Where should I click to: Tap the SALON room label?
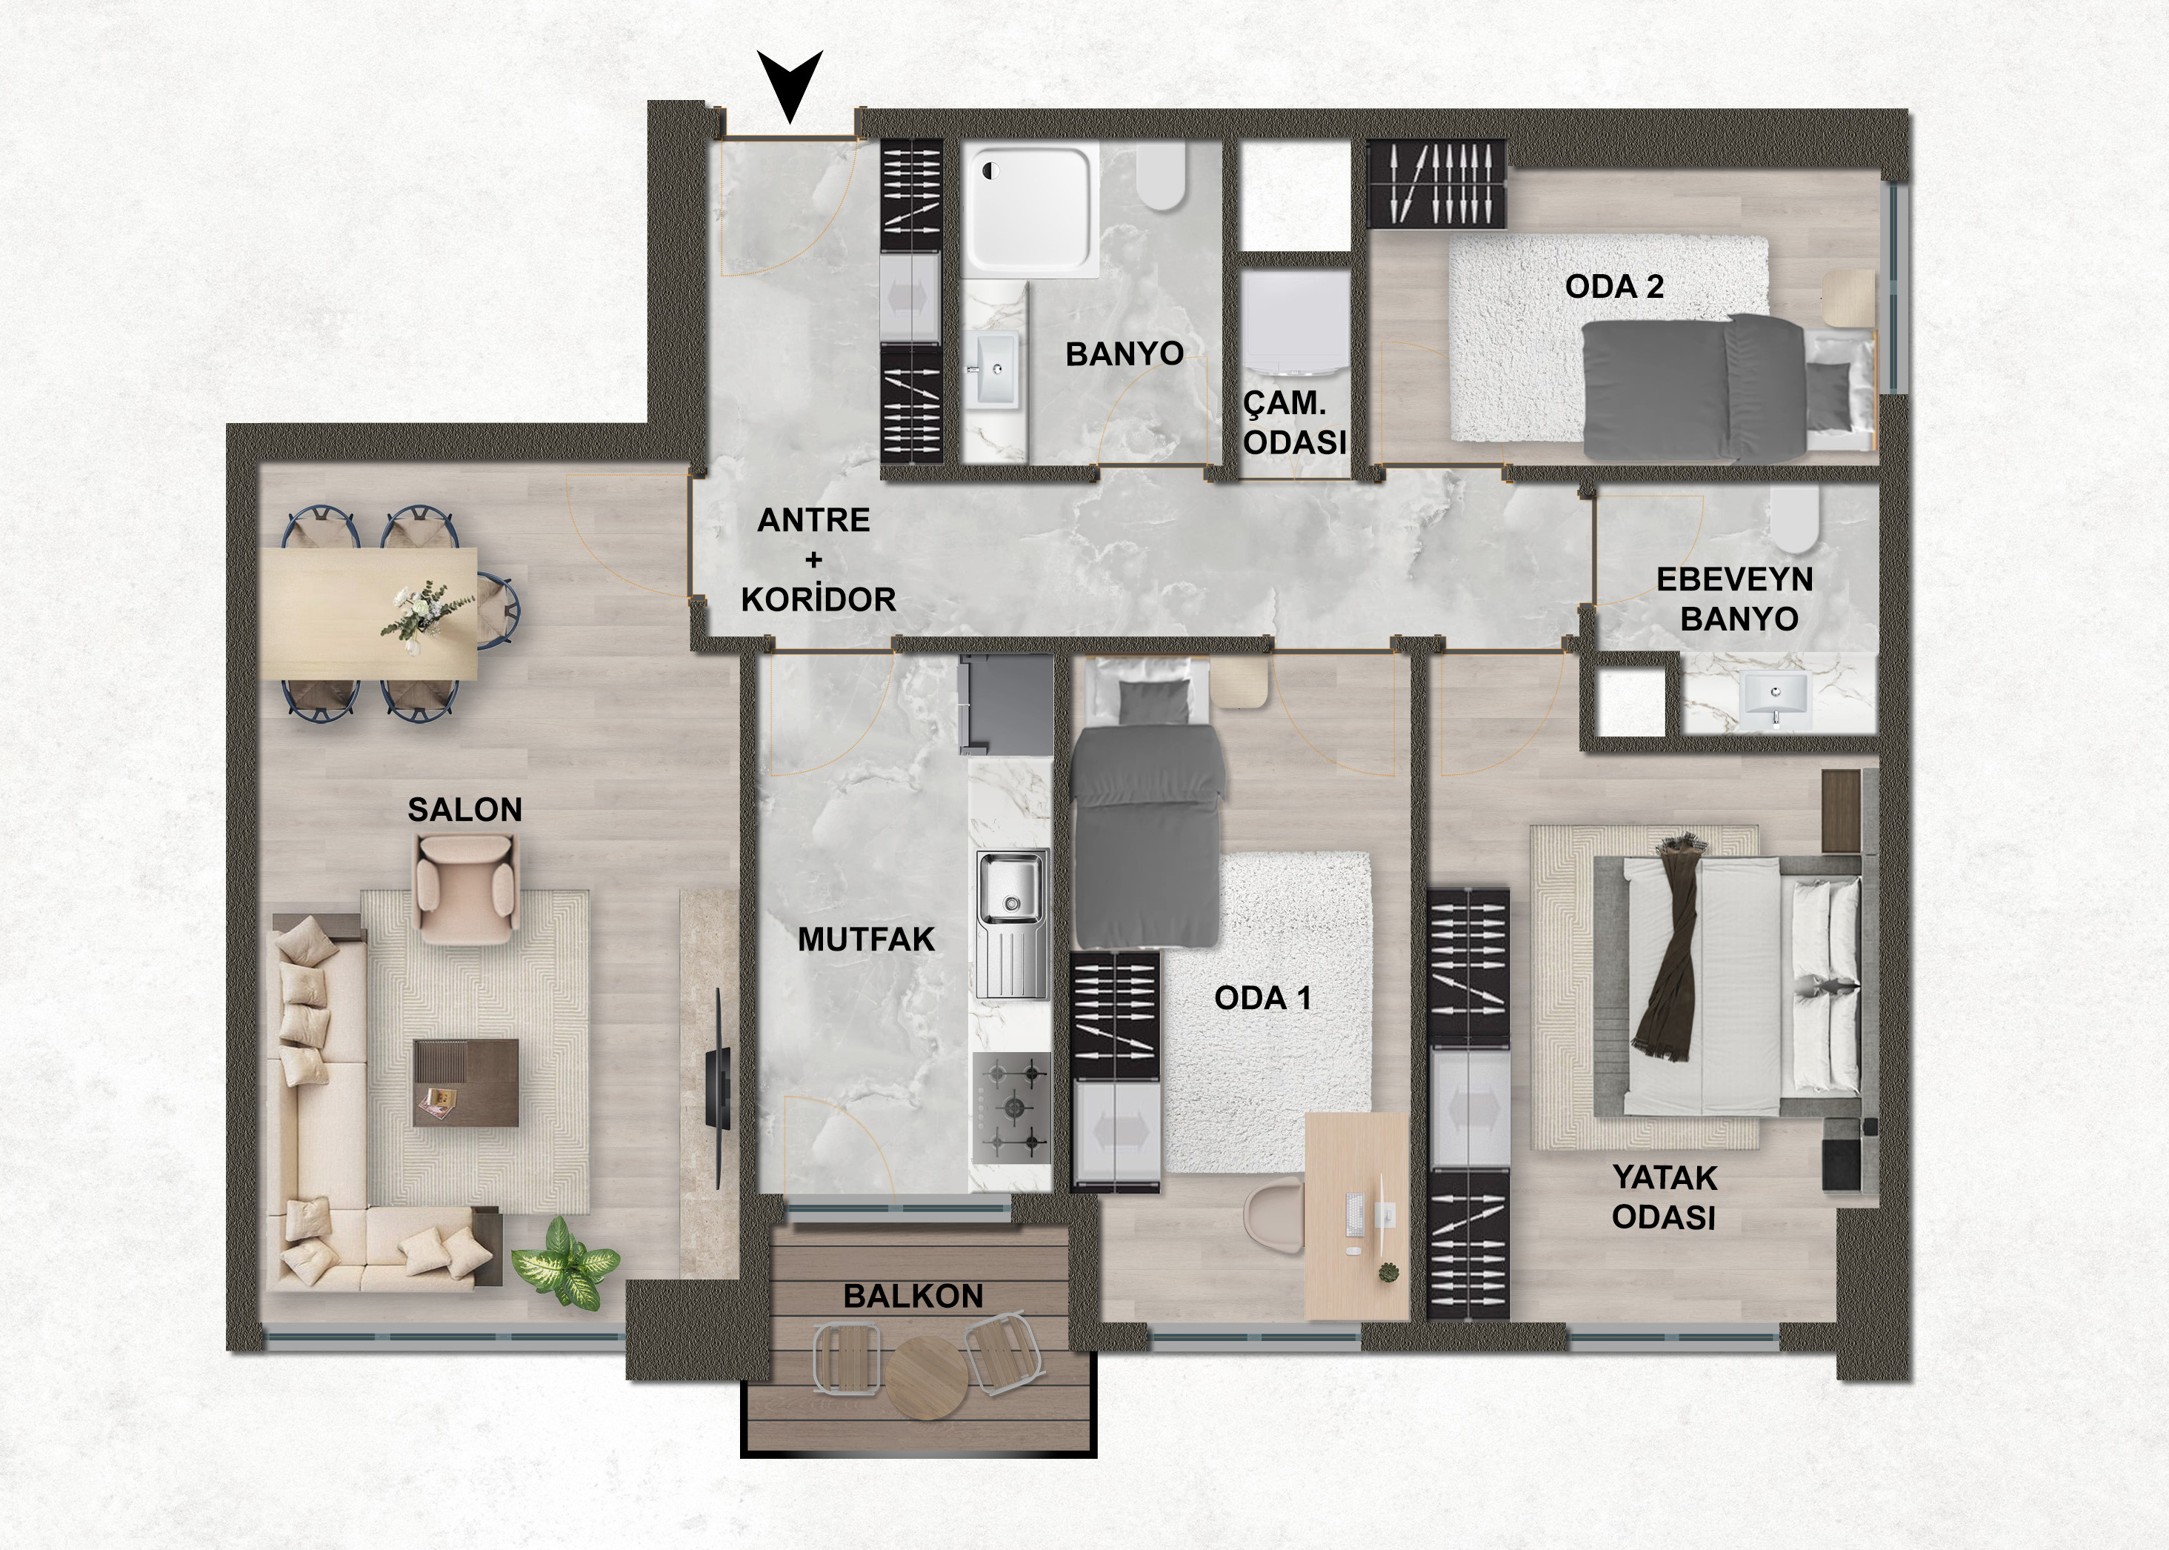point(464,811)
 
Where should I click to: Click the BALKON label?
point(913,1296)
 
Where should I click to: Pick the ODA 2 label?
point(1615,286)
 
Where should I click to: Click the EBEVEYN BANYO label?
point(1734,599)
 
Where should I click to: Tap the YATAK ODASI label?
point(1665,1198)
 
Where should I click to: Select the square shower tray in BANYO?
point(1030,211)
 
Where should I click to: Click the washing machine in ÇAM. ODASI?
point(1296,325)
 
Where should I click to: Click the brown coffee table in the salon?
point(466,1082)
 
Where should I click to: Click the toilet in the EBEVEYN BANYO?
point(1795,520)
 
